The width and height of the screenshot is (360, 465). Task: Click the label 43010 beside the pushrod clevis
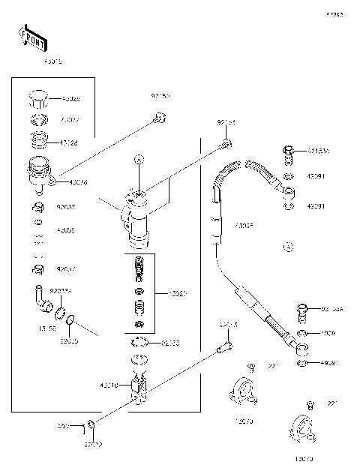click(x=109, y=385)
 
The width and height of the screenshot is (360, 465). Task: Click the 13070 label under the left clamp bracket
click(x=244, y=421)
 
